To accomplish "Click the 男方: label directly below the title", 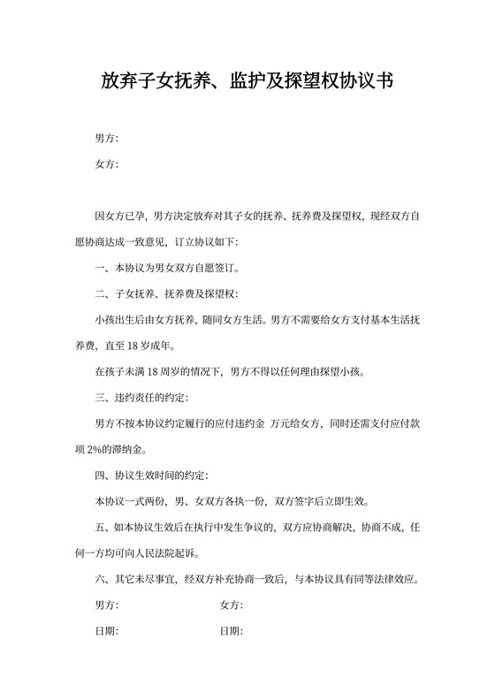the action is pos(106,139).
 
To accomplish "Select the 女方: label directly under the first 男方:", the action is pos(106,164).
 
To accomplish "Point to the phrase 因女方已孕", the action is pos(120,216).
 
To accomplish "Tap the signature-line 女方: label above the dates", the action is pos(231,605).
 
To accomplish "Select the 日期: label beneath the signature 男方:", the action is pos(106,631).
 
